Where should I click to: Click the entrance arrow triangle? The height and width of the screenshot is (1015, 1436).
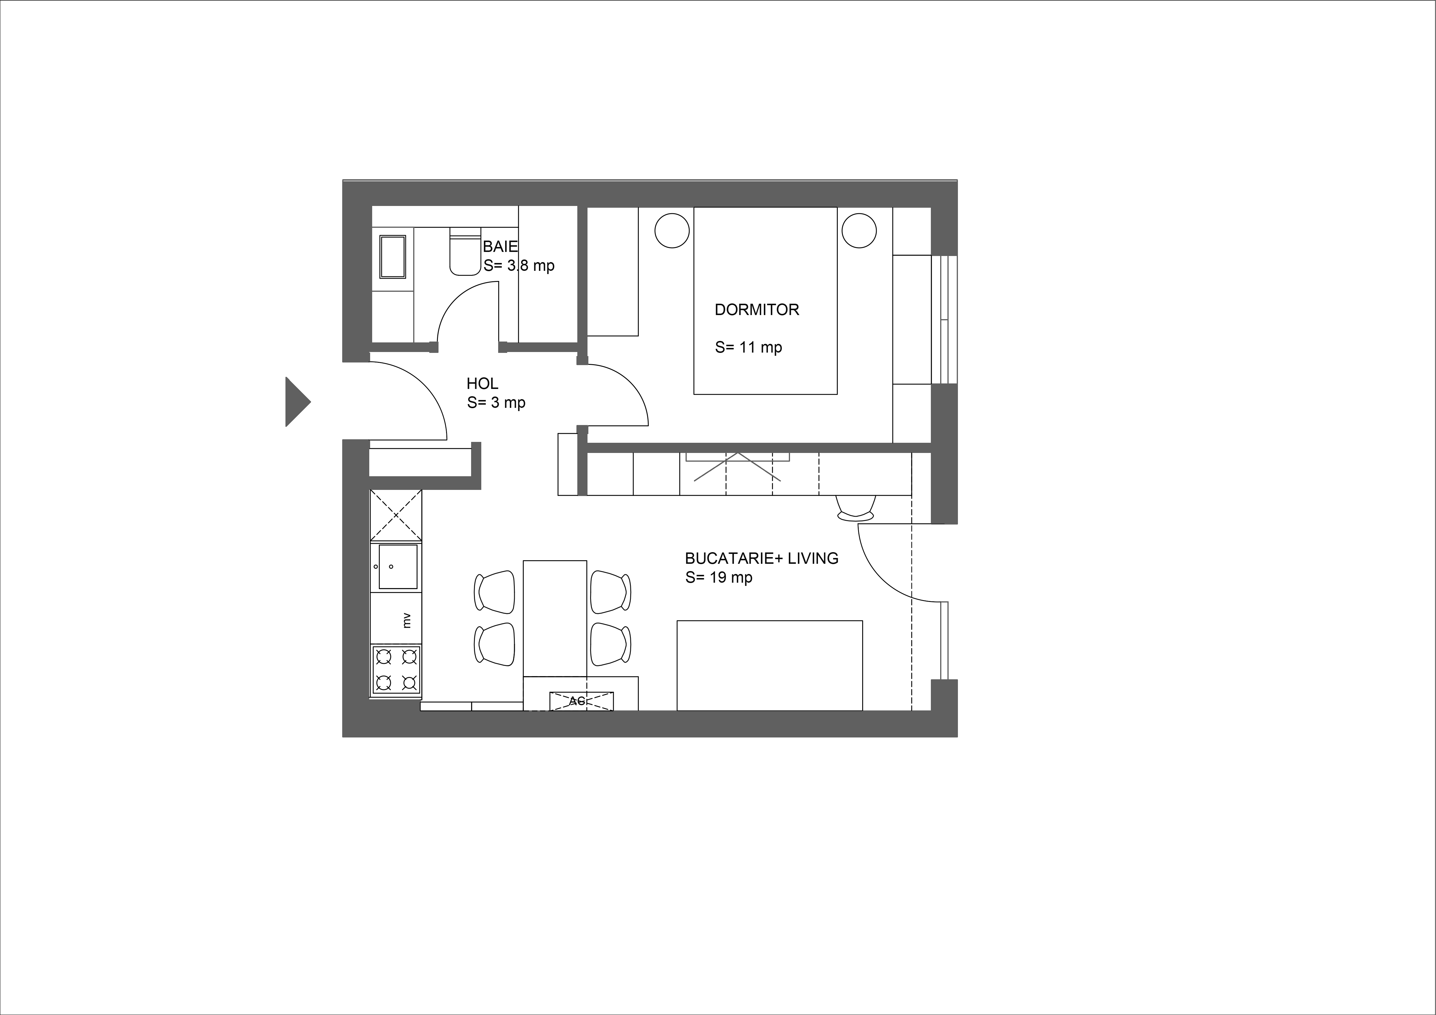coord(297,401)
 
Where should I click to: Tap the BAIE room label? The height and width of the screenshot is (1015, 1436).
coord(500,247)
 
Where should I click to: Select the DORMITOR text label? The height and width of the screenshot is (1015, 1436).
coord(757,310)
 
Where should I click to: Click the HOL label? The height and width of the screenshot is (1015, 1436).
coord(482,383)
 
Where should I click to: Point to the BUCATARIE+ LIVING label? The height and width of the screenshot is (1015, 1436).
coord(762,559)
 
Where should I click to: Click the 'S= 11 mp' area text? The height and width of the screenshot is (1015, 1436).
coord(749,348)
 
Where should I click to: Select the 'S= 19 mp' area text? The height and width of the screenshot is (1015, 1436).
coord(719,578)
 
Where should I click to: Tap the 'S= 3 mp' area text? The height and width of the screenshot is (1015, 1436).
coord(496,403)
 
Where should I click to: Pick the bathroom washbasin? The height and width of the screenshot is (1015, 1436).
coord(393,256)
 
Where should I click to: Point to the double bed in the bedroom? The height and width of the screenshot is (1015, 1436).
coord(766,301)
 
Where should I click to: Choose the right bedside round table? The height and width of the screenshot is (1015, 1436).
coord(859,231)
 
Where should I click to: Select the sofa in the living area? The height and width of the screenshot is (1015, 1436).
coord(770,665)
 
